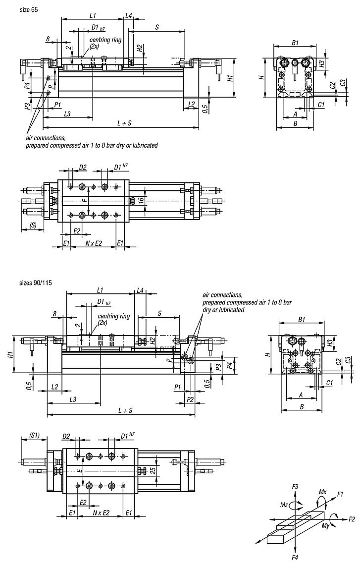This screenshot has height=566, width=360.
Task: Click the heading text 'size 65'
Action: coord(28,9)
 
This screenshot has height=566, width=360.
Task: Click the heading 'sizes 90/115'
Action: coord(36,283)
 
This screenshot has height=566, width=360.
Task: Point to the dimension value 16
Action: coord(141,200)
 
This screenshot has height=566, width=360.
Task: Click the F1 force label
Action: coord(340,495)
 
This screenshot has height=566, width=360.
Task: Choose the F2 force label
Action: coord(351,519)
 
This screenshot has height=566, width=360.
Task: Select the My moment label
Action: coord(325,525)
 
